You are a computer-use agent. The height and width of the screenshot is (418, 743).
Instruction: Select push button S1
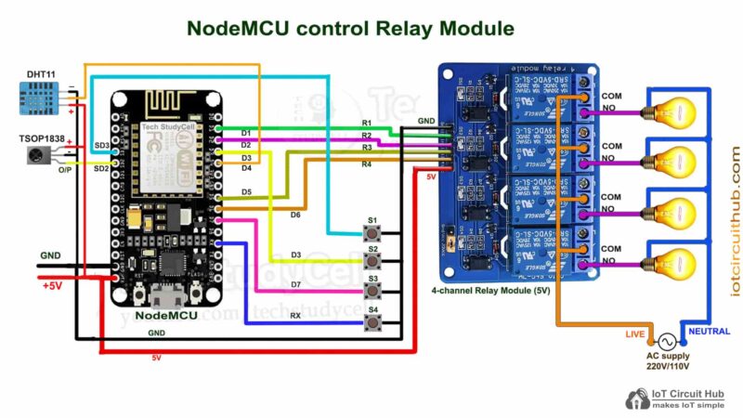point(372,233)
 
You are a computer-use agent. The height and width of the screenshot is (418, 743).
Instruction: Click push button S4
point(372,323)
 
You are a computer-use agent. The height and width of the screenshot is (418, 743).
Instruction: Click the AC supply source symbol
point(665,341)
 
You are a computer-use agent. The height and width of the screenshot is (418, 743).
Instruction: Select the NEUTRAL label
point(710,330)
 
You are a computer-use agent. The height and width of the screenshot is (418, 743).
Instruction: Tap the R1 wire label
point(367,124)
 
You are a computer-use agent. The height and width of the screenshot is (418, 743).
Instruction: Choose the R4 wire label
point(367,163)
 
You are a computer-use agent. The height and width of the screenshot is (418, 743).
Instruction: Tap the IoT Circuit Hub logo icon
point(637,399)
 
